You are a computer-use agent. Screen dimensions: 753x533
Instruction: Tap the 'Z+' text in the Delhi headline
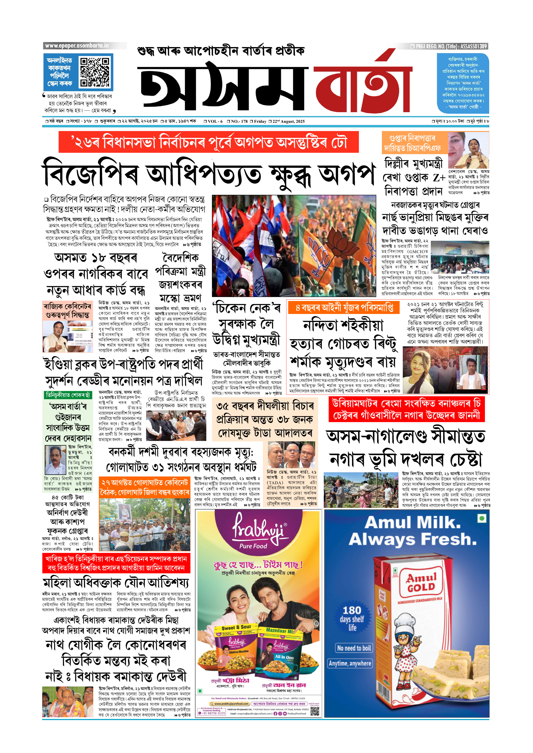[439, 178]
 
